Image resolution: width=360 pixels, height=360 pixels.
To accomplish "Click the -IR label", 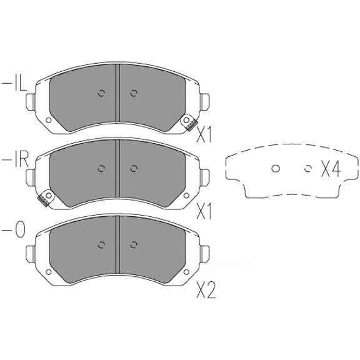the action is (15, 161).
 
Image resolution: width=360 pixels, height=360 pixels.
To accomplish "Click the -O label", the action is (13, 230).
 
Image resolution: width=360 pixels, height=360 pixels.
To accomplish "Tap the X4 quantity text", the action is (331, 169).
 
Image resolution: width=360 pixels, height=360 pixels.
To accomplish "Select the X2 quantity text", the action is (206, 290).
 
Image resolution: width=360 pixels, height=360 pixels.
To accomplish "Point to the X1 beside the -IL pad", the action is (204, 134).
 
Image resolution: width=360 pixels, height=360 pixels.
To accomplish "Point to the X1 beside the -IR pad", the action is (204, 211).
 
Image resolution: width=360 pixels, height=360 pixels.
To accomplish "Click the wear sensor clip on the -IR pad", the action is (46, 198).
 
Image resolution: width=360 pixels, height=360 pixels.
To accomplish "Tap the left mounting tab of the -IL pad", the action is (30, 102).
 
